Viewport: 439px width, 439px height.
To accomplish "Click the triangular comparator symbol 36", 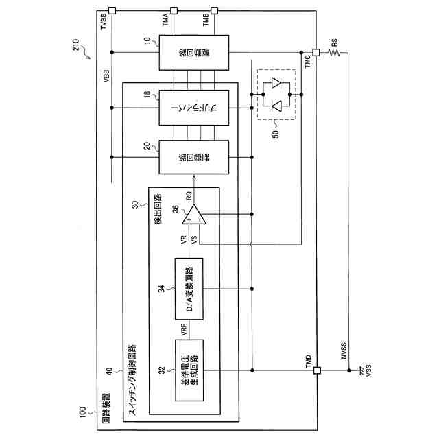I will click(x=194, y=217).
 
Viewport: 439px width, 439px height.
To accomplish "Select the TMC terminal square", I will click(x=316, y=52).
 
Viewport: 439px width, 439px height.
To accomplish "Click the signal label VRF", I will click(x=185, y=329).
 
